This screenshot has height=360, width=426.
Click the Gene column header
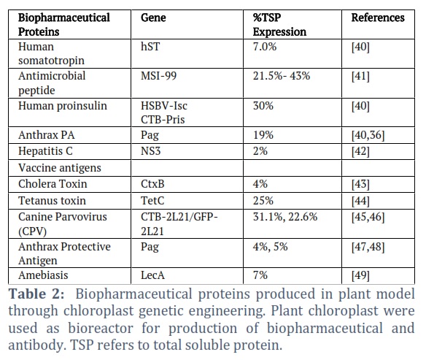click(x=153, y=18)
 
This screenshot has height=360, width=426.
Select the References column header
click(x=378, y=18)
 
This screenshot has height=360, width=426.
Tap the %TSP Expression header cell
click(x=279, y=25)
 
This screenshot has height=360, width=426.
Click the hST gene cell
click(x=150, y=47)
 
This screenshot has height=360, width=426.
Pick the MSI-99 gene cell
click(x=159, y=76)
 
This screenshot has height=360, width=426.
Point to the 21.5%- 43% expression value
click(x=282, y=76)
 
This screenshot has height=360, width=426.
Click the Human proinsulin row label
click(x=63, y=106)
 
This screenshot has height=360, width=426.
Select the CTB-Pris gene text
click(x=163, y=119)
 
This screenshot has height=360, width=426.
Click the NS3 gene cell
click(x=151, y=151)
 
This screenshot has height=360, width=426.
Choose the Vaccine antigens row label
click(x=60, y=168)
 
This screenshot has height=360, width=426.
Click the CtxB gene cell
click(x=152, y=184)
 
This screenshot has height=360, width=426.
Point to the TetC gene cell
click(x=152, y=201)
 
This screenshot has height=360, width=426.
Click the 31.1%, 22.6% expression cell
click(x=285, y=217)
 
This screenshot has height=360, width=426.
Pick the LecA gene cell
click(x=152, y=275)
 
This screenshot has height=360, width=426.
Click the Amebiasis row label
click(x=43, y=275)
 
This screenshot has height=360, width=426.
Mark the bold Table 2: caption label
click(x=36, y=294)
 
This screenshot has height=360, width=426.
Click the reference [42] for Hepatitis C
click(x=360, y=151)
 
